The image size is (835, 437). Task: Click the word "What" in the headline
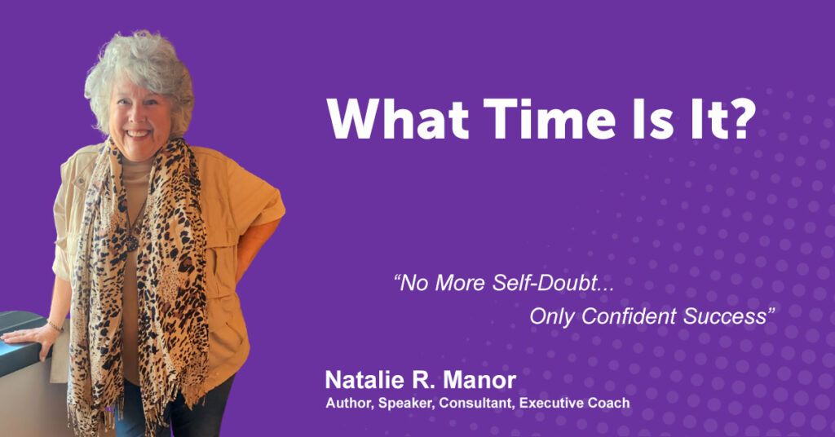pyautogui.click(x=398, y=119)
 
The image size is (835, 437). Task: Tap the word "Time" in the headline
pyautogui.click(x=550, y=119)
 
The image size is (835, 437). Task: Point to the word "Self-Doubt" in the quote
pyautogui.click(x=554, y=283)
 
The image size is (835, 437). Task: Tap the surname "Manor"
pyautogui.click(x=479, y=380)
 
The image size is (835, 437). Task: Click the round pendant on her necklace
pyautogui.click(x=131, y=243)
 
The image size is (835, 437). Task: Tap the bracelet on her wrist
pyautogui.click(x=55, y=325)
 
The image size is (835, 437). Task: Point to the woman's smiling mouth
pyautogui.click(x=138, y=133)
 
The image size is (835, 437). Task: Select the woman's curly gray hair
pyautogui.click(x=139, y=69)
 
